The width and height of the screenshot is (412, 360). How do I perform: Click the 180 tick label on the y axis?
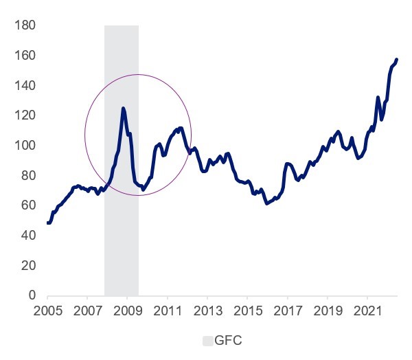[x=25, y=26]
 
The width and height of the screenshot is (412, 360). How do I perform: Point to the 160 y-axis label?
[x=25, y=56]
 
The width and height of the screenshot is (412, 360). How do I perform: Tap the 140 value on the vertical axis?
[x=25, y=86]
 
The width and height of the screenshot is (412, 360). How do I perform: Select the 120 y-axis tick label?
[x=25, y=115]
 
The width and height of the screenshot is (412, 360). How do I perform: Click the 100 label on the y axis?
[x=25, y=146]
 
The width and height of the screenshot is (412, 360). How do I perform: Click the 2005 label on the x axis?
[x=48, y=310]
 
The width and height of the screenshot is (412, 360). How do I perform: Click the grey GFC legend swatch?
[x=207, y=340]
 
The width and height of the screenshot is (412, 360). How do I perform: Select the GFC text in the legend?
[x=229, y=340]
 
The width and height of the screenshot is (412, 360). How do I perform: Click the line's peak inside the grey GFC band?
[x=123, y=108]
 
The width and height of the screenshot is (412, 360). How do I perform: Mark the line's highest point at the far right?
[x=397, y=60]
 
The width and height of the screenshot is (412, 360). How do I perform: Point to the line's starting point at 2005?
[x=48, y=223]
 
